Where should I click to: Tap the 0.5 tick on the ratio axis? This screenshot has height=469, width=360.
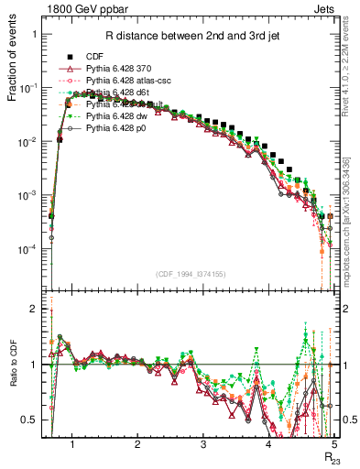(33, 420)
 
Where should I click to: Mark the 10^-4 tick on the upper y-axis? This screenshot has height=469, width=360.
(30, 250)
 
